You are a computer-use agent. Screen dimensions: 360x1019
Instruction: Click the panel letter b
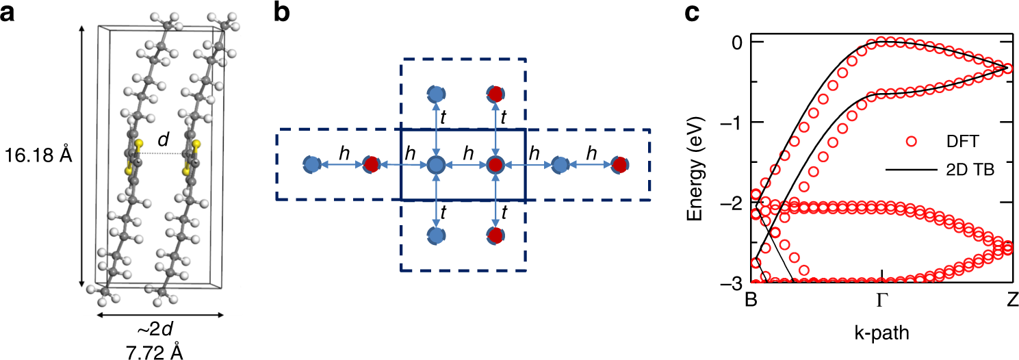[282, 14]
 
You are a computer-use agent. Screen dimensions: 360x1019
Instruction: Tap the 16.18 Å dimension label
[38, 157]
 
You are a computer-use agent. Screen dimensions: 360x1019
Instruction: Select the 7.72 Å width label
[160, 351]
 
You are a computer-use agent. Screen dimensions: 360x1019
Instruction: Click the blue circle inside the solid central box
[436, 165]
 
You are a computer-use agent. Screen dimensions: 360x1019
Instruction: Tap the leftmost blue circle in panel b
[312, 164]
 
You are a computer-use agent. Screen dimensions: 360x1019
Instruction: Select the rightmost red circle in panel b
[619, 164]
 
